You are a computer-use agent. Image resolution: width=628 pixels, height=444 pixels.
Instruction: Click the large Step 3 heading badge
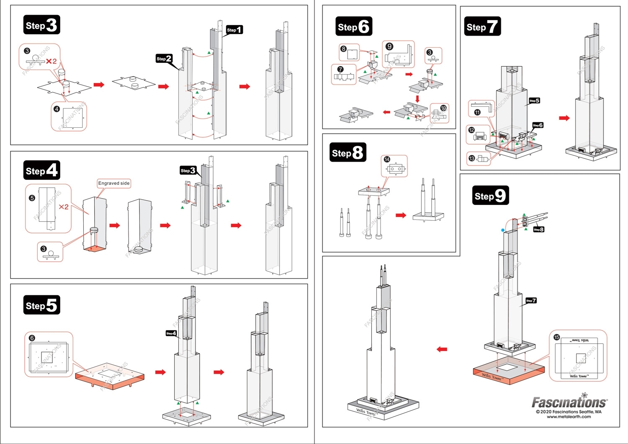(41, 25)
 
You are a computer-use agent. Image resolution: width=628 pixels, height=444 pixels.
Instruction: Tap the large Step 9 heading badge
(490, 196)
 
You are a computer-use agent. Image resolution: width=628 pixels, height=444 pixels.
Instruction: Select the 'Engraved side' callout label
(114, 183)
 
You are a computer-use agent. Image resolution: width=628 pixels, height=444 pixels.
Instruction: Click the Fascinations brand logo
(569, 402)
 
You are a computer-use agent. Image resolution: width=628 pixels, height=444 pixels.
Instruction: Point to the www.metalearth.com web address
(569, 417)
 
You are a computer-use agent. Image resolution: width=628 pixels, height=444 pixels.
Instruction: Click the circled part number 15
(556, 337)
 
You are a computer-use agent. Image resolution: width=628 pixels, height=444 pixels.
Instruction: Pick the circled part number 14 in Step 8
(387, 159)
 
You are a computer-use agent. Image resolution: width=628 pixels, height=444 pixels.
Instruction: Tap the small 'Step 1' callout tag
(234, 30)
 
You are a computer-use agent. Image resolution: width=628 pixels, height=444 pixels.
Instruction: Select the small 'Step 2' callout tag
(164, 59)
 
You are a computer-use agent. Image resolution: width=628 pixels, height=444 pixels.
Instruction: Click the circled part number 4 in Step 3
(57, 109)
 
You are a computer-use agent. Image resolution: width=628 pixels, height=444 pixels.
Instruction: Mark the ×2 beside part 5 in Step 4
(64, 207)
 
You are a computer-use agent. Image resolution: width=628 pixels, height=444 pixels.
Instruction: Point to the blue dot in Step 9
(503, 230)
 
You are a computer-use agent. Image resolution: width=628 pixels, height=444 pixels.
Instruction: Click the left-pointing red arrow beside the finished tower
(442, 349)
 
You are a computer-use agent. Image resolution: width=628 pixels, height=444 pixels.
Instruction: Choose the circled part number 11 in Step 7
(477, 112)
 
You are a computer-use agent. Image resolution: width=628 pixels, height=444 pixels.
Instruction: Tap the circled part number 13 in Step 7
(472, 158)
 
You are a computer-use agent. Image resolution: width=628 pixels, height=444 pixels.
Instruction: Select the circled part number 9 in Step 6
(389, 46)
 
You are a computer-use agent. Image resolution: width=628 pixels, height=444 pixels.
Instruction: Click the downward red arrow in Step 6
(417, 99)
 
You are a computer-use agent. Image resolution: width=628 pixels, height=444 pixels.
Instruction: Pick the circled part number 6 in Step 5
(32, 338)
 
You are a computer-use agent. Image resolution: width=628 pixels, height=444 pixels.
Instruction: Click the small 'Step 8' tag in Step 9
(538, 230)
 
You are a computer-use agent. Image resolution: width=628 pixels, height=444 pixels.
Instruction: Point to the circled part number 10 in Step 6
(443, 108)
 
